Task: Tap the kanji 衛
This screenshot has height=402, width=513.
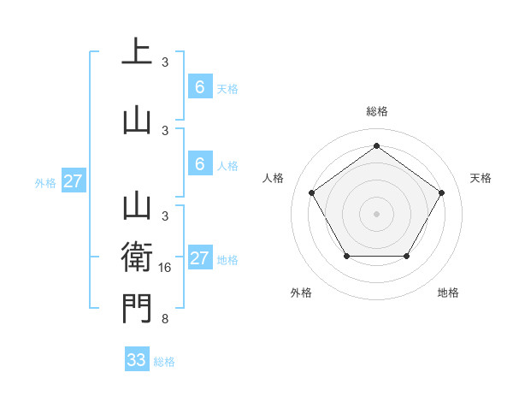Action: (137, 257)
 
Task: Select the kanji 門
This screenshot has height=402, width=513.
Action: (137, 308)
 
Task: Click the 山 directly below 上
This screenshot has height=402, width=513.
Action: (137, 120)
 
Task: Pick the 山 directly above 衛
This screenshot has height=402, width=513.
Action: (137, 206)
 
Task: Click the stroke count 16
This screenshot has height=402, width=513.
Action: (167, 268)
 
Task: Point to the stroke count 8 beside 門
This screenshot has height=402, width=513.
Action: (165, 320)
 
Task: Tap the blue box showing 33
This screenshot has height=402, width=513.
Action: (137, 360)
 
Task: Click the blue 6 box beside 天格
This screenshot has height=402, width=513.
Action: (199, 87)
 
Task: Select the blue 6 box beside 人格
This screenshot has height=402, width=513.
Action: (199, 164)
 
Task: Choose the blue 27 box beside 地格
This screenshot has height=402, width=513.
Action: (199, 258)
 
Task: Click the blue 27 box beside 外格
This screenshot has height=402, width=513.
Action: (73, 181)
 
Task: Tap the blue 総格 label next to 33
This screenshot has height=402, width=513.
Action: (165, 362)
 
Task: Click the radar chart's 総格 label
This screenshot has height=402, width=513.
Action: (376, 111)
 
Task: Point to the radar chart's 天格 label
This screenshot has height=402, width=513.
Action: (481, 178)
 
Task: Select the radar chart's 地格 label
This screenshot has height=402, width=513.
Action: (448, 293)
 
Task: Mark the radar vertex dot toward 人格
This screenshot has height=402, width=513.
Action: (311, 192)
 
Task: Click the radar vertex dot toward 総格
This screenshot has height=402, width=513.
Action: (376, 146)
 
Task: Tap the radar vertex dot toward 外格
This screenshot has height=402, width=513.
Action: (345, 256)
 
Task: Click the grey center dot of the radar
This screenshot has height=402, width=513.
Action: (376, 213)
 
